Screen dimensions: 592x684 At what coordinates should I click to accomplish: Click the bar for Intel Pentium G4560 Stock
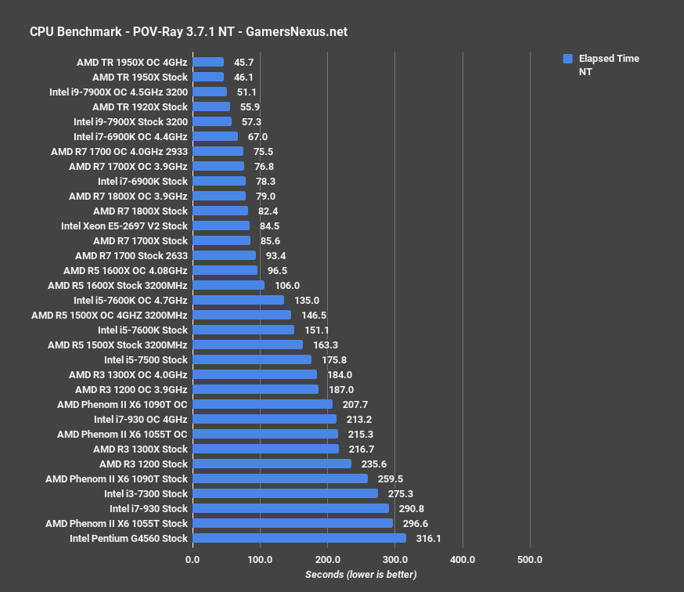[x=299, y=538]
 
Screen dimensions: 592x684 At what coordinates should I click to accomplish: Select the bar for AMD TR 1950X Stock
[x=208, y=78]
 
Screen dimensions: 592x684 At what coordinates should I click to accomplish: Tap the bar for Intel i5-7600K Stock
[x=243, y=330]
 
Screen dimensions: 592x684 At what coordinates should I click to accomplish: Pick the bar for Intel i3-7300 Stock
[x=285, y=493]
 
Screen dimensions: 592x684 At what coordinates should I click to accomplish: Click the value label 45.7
[x=244, y=62]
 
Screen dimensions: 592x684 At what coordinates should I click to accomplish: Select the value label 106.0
[x=287, y=286]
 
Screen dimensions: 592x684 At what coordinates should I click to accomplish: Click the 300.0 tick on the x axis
[x=395, y=559]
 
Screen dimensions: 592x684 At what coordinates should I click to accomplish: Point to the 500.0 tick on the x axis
[x=531, y=559]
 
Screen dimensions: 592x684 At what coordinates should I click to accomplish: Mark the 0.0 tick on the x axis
[x=193, y=559]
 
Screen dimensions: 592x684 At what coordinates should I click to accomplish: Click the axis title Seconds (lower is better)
[x=361, y=575]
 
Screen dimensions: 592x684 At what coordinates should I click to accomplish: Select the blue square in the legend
[x=567, y=59]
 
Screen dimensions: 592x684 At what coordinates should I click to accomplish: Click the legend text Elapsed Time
[x=609, y=59]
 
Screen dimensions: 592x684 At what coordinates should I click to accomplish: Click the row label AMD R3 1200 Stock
[x=143, y=464]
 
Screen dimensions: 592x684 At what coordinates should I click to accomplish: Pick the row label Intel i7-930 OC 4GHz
[x=141, y=419]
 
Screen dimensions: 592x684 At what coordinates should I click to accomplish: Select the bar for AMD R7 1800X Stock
[x=220, y=211]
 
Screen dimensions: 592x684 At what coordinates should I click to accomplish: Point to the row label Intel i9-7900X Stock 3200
[x=131, y=121]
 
